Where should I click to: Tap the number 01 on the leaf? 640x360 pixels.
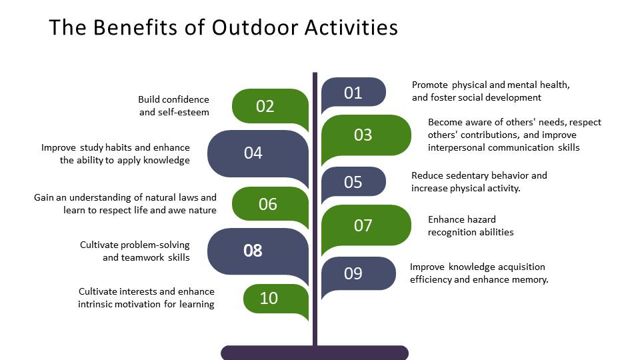click(353, 93)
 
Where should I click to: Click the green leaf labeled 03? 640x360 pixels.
click(366, 136)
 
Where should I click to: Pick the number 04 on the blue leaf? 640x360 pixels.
click(253, 153)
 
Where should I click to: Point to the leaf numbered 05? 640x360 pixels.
click(353, 183)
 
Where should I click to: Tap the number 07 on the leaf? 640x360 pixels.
click(363, 225)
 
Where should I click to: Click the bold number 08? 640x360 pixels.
click(253, 251)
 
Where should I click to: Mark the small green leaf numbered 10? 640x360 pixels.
click(275, 299)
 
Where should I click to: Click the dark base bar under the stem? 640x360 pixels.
click(315, 353)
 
